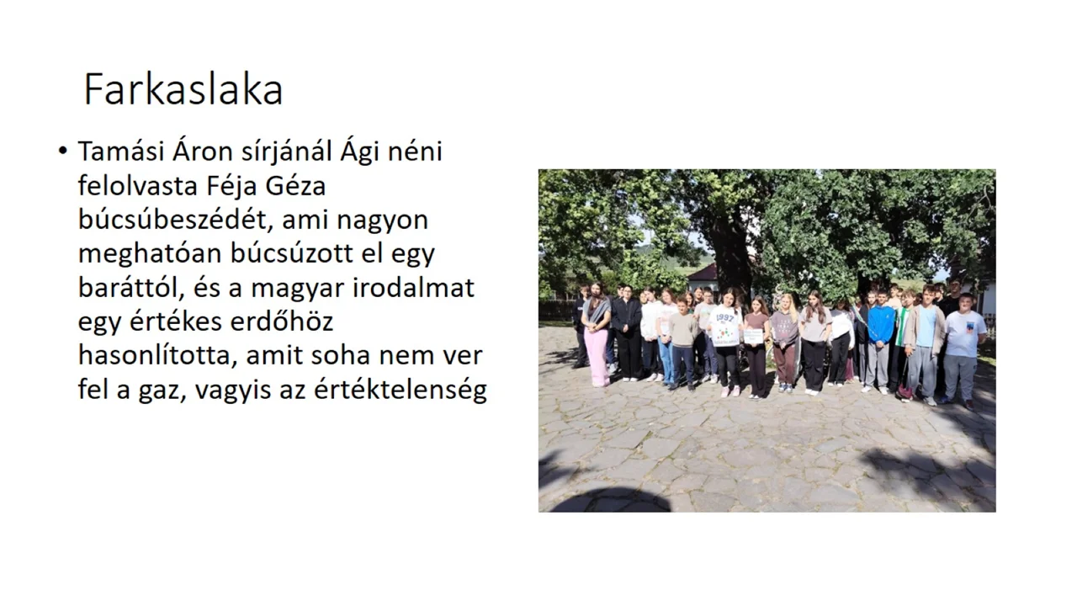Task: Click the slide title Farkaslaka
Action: (x=183, y=90)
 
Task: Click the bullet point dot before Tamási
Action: (x=62, y=151)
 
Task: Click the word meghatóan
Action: (x=150, y=254)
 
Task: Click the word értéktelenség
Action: (x=401, y=391)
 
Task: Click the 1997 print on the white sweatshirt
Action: (x=725, y=318)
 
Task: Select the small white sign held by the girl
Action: (x=753, y=336)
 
